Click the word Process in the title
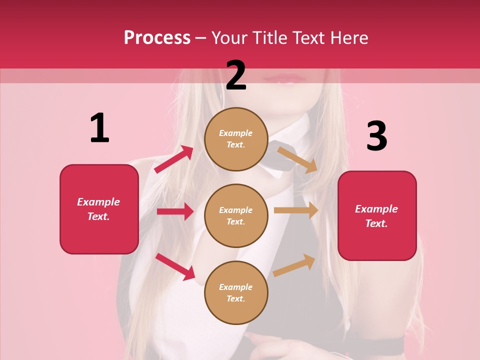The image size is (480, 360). [x=157, y=38]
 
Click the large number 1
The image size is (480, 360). [x=99, y=128]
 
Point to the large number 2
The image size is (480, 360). [x=236, y=76]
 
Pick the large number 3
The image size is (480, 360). [x=376, y=136]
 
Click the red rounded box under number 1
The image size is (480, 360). [x=99, y=209]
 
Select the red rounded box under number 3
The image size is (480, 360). [x=377, y=215]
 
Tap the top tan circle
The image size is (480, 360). [x=236, y=139]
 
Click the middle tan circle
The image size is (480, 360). [x=236, y=215]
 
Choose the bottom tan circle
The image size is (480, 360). [x=236, y=292]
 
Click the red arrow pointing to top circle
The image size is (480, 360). [x=174, y=159]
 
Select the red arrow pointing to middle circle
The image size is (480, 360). [x=175, y=211]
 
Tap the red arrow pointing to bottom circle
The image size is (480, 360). [x=175, y=266]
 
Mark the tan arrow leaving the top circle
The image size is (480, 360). [x=297, y=160]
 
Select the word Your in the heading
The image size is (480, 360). [x=230, y=38]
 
